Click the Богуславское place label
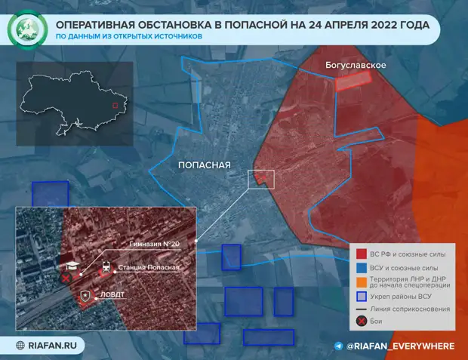tap(356, 66)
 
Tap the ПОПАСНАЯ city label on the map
tap(204, 165)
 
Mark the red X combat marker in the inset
tap(66, 278)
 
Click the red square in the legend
tap(362, 254)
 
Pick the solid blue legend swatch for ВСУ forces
tap(362, 267)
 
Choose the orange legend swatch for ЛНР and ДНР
tap(362, 282)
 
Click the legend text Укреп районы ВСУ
tap(408, 296)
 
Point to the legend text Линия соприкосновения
tap(412, 309)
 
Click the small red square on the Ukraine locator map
tap(115, 106)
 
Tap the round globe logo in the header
tap(27, 30)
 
